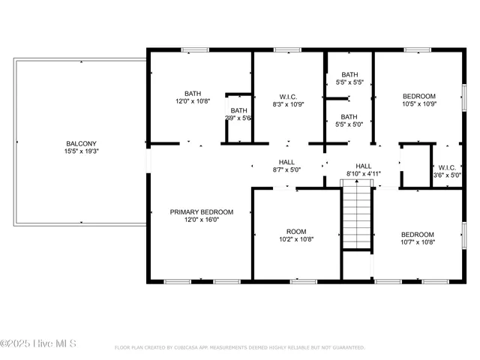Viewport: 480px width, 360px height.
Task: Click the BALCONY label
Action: tap(82, 143)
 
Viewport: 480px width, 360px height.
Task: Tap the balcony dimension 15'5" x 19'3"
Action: tap(82, 151)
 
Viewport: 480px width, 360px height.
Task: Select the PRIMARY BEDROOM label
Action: tap(201, 212)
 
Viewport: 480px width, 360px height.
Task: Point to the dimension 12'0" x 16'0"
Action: tap(201, 220)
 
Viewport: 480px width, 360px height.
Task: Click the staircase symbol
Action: tap(357, 217)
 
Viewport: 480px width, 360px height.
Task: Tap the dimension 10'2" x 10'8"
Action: tap(296, 239)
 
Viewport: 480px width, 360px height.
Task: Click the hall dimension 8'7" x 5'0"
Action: tap(286, 170)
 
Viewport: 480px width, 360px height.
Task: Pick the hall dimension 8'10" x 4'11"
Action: tap(364, 174)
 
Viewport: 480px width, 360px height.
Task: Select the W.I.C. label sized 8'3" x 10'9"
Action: tap(287, 95)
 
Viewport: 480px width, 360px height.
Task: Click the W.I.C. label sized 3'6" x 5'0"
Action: tap(447, 167)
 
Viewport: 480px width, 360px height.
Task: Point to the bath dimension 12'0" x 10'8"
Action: tap(193, 101)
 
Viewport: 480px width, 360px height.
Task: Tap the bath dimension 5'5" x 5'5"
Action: tap(349, 82)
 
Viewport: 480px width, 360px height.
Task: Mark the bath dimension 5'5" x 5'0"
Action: tap(349, 124)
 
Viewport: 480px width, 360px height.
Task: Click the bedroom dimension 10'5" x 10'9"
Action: tap(419, 104)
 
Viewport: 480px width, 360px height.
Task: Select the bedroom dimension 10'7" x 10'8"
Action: tap(418, 242)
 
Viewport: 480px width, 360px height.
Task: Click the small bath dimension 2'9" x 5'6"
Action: tap(238, 118)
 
